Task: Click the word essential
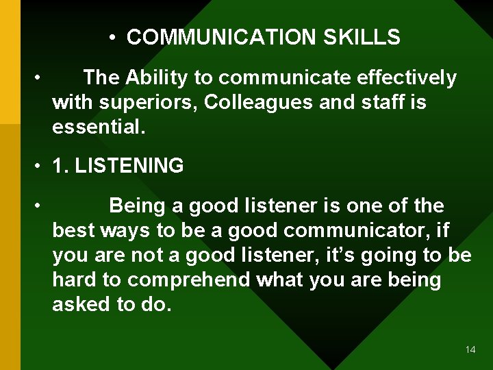pos(99,127)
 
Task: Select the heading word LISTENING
pos(129,166)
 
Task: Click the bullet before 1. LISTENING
pos(42,166)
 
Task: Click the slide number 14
pos(470,349)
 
